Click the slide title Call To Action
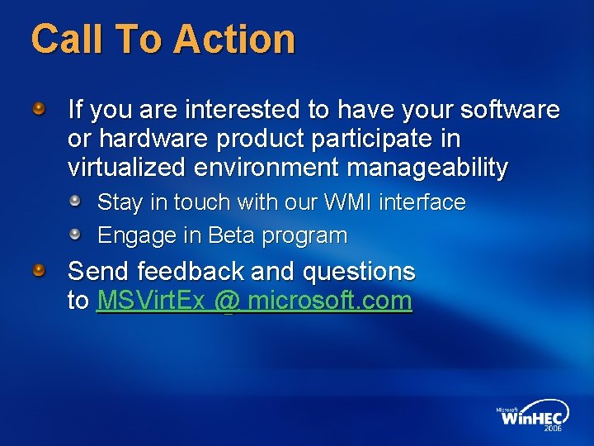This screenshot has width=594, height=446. point(163,39)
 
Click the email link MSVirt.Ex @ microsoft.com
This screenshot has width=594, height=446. point(254,301)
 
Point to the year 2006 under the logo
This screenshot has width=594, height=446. point(553,429)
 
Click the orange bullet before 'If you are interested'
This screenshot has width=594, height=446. point(39,107)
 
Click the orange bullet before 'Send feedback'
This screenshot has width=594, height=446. point(39,270)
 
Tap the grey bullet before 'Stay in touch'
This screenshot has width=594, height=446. point(74,201)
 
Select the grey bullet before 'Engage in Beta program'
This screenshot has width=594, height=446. point(74,235)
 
